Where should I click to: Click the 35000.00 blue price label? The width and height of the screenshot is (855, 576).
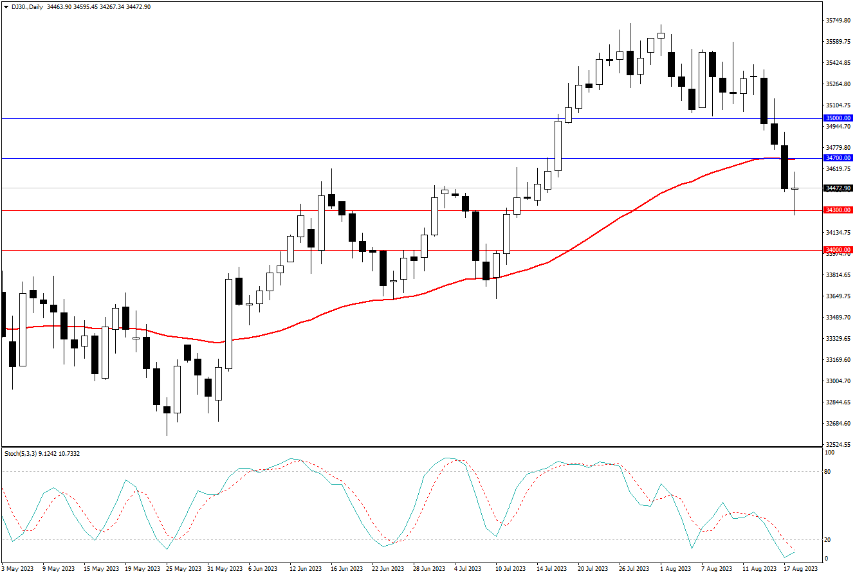pyautogui.click(x=838, y=118)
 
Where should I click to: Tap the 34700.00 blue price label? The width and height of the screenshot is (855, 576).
pyautogui.click(x=838, y=157)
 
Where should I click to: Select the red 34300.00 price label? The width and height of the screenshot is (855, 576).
pyautogui.click(x=838, y=210)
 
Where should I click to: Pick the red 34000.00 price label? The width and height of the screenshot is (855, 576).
pyautogui.click(x=838, y=249)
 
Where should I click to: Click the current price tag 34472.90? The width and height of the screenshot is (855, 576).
pyautogui.click(x=838, y=188)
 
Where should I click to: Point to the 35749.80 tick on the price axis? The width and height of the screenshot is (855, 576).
pyautogui.click(x=838, y=21)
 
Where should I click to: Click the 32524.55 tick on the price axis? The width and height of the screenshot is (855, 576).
pyautogui.click(x=838, y=444)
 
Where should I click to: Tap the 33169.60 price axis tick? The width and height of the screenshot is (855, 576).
pyautogui.click(x=838, y=359)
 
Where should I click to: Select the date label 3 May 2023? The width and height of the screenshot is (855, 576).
pyautogui.click(x=18, y=568)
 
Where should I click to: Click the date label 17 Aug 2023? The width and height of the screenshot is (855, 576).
pyautogui.click(x=801, y=568)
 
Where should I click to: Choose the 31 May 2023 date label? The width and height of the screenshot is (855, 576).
pyautogui.click(x=225, y=568)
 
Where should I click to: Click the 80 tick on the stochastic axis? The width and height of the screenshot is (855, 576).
pyautogui.click(x=829, y=472)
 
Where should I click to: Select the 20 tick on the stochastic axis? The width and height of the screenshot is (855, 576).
pyautogui.click(x=829, y=539)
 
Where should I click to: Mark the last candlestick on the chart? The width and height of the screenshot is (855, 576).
pyautogui.click(x=795, y=189)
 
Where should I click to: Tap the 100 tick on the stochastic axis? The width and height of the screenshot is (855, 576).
pyautogui.click(x=830, y=453)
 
